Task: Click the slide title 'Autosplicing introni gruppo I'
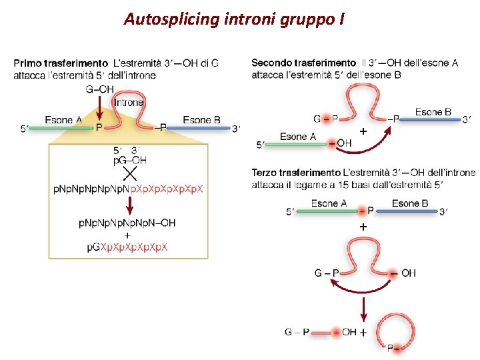pyautogui.click(x=234, y=19)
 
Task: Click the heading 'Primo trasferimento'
pyautogui.click(x=61, y=63)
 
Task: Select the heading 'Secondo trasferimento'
pyautogui.click(x=303, y=63)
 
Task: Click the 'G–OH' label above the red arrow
pyautogui.click(x=99, y=89)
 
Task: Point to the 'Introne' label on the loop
pyautogui.click(x=129, y=103)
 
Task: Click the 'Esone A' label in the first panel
pyautogui.click(x=63, y=120)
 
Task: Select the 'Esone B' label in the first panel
pyautogui.click(x=201, y=120)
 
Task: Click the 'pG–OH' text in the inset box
pyautogui.click(x=130, y=160)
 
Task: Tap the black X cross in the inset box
pyautogui.click(x=129, y=174)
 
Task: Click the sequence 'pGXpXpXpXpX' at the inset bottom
pyautogui.click(x=127, y=247)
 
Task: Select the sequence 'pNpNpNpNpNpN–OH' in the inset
pyautogui.click(x=127, y=223)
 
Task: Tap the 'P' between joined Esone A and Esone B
pyautogui.click(x=371, y=211)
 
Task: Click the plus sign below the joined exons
pyautogui.click(x=363, y=227)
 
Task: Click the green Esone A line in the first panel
pyautogui.click(x=60, y=127)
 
